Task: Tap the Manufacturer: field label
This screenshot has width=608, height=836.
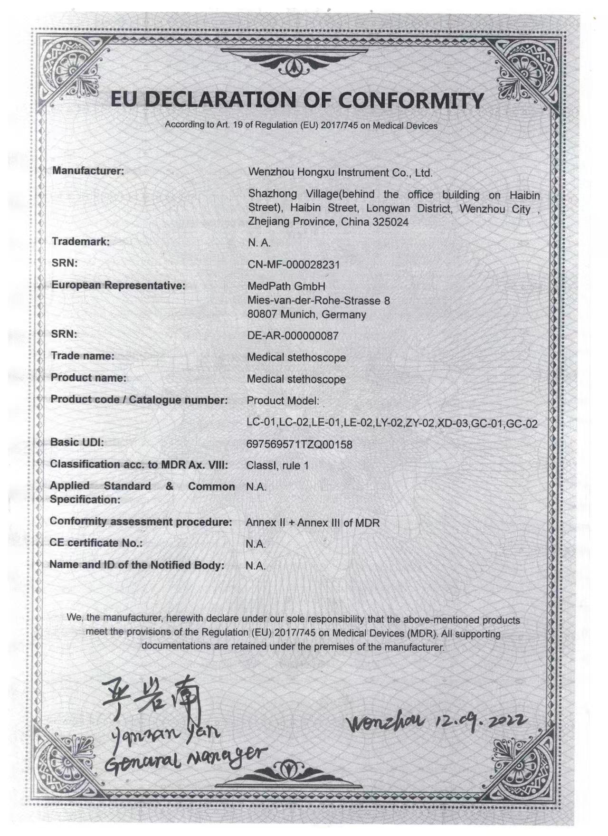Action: (88, 171)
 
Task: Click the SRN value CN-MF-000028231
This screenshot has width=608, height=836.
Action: (294, 265)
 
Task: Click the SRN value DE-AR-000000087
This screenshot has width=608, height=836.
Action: (293, 336)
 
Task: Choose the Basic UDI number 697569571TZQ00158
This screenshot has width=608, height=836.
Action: (299, 445)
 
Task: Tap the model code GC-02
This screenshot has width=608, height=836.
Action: (522, 424)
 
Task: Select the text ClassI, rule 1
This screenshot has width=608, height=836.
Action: (277, 465)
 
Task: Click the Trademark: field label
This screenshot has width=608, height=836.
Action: (80, 241)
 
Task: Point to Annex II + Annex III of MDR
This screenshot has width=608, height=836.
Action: (313, 522)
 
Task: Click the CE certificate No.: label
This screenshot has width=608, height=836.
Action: (96, 543)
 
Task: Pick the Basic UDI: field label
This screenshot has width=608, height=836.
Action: (77, 442)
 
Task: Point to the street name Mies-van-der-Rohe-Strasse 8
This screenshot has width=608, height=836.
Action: (318, 300)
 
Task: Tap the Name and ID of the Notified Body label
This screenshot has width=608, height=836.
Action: (137, 565)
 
